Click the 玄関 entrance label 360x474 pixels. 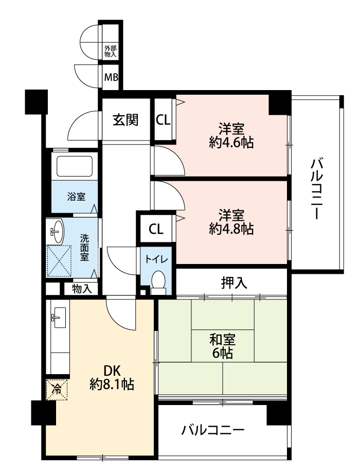pos(125,120)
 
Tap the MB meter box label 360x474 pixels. pos(111,77)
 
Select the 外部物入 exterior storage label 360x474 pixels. pos(110,51)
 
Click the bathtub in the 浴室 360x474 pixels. pos(74,166)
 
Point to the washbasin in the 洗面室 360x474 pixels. pos(57,231)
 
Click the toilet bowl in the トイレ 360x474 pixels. pos(158,281)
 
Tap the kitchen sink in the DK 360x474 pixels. pos(60,318)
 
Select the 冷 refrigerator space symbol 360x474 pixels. pos(57,390)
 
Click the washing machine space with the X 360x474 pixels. pos(59,261)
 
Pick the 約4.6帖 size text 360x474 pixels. pos(231,143)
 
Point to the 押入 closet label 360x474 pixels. pos(235,283)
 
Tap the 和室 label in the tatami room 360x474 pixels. pos(223,340)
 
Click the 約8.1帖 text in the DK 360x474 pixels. pos(112,384)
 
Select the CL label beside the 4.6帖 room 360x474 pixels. pos(163,120)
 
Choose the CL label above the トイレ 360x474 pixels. pos(156,229)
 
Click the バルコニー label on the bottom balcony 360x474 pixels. pos(213,430)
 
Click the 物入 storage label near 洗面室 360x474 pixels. pos(82,289)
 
